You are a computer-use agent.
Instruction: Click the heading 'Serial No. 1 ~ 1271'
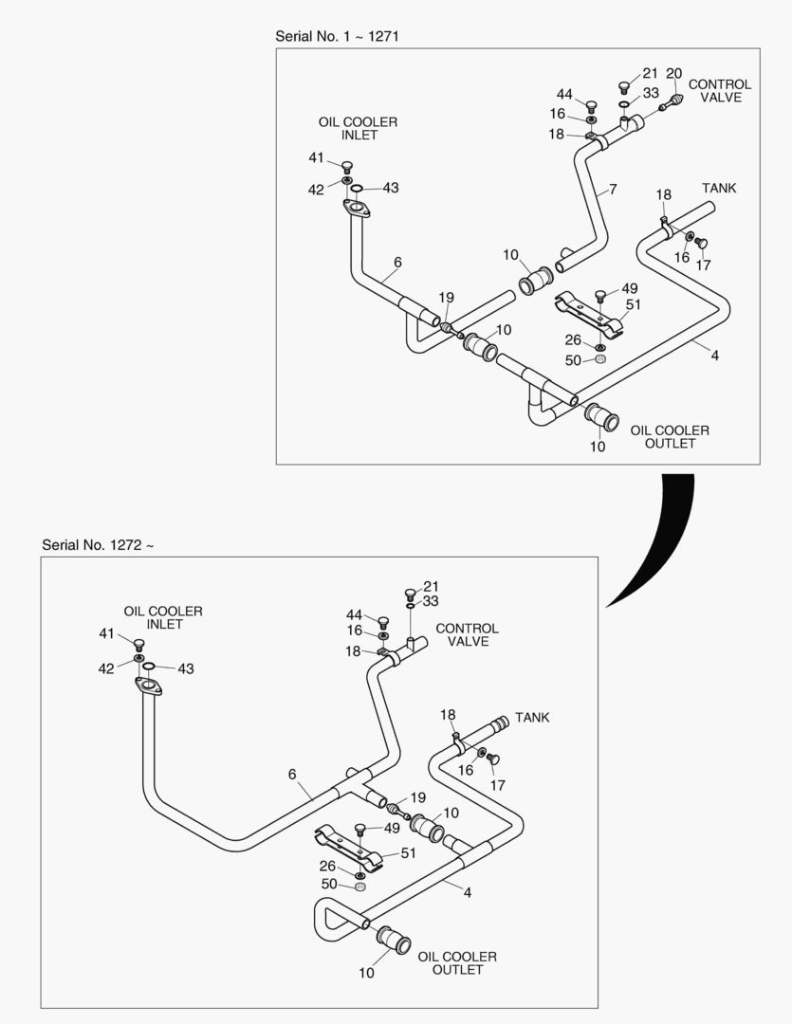(342, 35)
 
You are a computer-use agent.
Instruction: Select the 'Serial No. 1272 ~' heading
(98, 545)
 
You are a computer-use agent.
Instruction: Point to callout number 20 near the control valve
(674, 73)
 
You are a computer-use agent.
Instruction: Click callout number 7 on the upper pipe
(613, 190)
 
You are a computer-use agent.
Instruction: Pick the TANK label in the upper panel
(718, 189)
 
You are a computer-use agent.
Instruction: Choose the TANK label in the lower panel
(532, 718)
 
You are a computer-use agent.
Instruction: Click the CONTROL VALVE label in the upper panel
(719, 91)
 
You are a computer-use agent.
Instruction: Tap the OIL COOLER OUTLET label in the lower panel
(457, 963)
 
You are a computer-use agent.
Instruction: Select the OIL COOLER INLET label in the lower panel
(162, 618)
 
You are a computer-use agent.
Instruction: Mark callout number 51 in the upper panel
(634, 304)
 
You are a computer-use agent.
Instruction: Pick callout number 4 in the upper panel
(714, 356)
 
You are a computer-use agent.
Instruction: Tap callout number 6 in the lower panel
(292, 775)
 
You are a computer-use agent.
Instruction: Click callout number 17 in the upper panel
(703, 265)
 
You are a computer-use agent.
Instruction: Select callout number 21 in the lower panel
(431, 587)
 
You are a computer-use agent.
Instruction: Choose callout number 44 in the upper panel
(564, 95)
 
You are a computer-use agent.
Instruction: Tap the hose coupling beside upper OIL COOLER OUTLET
(601, 416)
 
